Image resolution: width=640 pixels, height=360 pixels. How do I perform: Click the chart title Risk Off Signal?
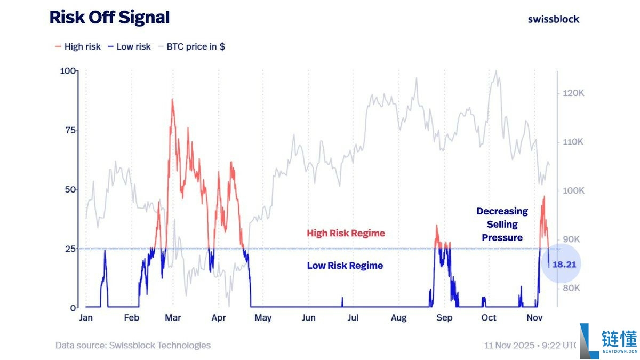[109, 18]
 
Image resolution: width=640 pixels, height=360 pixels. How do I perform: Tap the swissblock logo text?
[553, 19]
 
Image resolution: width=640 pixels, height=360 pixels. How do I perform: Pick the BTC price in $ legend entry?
[191, 46]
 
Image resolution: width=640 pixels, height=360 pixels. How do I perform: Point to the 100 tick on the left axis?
[68, 71]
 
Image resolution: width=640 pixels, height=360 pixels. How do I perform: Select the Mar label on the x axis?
[173, 318]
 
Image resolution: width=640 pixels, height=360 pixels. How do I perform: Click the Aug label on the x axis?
[398, 318]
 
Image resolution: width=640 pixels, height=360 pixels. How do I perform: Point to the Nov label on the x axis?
[534, 318]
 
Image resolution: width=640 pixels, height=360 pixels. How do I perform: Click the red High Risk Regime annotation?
[346, 233]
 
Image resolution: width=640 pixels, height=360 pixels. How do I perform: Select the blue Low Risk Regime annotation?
[345, 266]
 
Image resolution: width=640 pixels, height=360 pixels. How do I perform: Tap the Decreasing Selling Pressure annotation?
[502, 225]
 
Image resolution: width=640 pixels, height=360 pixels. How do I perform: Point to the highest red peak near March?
[172, 99]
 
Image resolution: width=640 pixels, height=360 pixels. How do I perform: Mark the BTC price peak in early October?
[497, 71]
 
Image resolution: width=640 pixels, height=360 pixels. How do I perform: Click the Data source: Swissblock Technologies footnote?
[133, 345]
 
